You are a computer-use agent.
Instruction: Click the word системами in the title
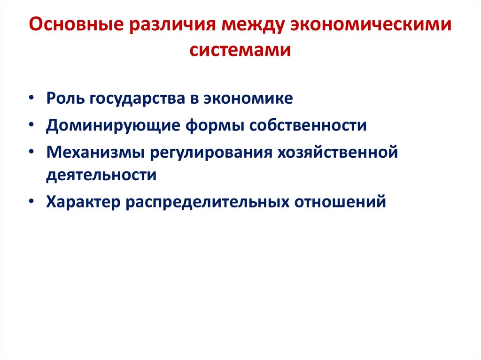pos(240,49)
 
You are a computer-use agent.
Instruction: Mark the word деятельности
pos(101,175)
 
